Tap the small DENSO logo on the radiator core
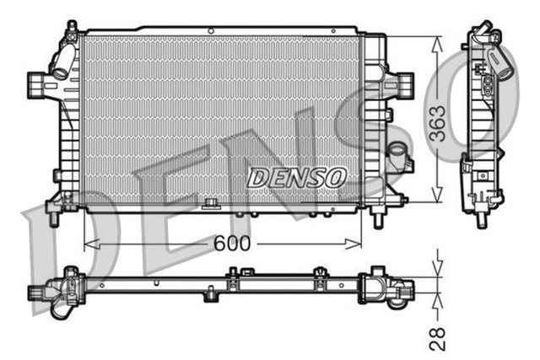[297, 178]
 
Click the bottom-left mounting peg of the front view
[54, 218]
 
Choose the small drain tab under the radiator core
[211, 204]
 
